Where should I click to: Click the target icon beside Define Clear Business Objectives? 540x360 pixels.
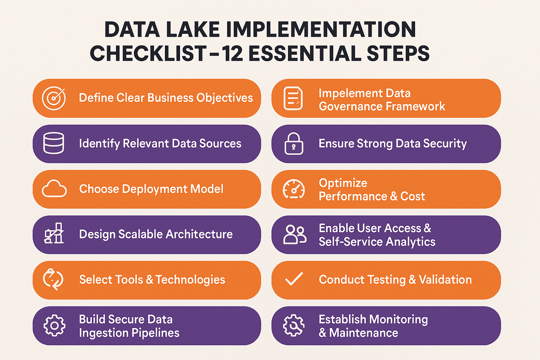tap(54, 98)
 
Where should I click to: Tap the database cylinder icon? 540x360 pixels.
tap(54, 143)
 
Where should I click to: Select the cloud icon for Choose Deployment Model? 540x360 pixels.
tap(54, 189)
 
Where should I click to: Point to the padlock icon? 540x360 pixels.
tap(294, 144)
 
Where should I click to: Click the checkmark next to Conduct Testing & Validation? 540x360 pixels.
tap(294, 279)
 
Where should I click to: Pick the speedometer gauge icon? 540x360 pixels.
tap(294, 189)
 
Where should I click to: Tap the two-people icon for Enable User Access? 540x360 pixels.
tap(294, 235)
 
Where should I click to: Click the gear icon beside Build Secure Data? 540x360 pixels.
tap(54, 325)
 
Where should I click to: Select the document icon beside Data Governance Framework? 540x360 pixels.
tap(293, 98)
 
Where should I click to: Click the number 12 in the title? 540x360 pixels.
tap(233, 53)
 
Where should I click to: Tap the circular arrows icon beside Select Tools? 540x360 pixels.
tap(53, 279)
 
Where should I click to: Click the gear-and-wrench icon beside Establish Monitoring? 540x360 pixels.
tap(294, 325)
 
